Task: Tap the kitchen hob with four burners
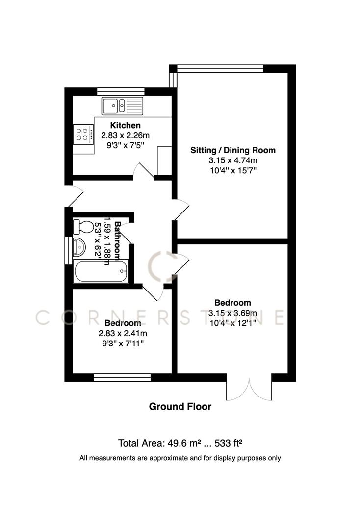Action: (83, 134)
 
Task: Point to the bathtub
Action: (101, 270)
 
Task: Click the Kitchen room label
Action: (125, 126)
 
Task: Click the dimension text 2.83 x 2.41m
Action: (123, 334)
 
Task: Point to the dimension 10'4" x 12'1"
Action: (233, 323)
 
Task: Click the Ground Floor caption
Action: (180, 406)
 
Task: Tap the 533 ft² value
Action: (229, 443)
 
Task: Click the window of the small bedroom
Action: (122, 377)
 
